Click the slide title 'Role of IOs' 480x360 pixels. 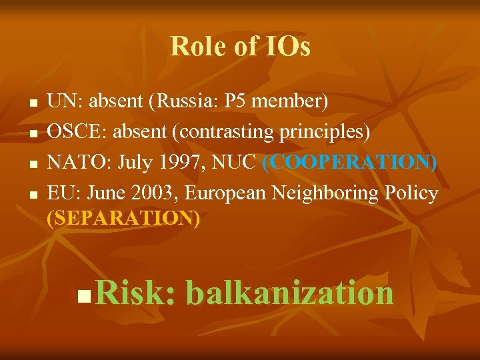tap(240, 47)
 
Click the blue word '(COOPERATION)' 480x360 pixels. tap(349, 163)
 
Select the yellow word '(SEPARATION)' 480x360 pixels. tap(124, 218)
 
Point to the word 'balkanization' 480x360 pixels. tap(289, 292)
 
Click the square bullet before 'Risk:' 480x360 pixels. tap(83, 295)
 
